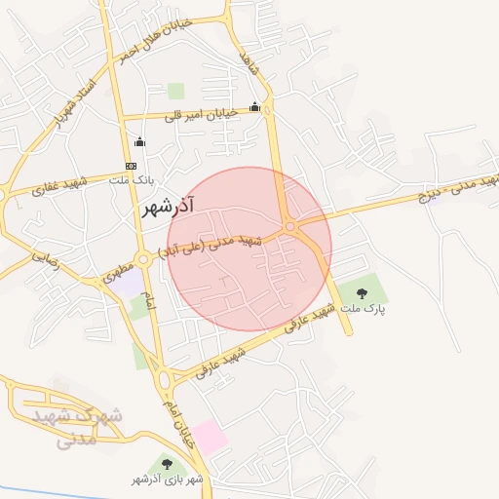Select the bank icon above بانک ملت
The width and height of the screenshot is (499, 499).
pos(131,166)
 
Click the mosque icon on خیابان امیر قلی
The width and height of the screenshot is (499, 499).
pos(255,107)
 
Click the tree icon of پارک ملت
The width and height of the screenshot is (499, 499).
pos(362,292)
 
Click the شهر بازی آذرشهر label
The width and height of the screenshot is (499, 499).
pos(168,480)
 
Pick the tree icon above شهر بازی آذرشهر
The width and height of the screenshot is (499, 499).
pos(167,464)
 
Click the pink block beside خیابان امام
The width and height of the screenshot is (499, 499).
pos(210,438)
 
